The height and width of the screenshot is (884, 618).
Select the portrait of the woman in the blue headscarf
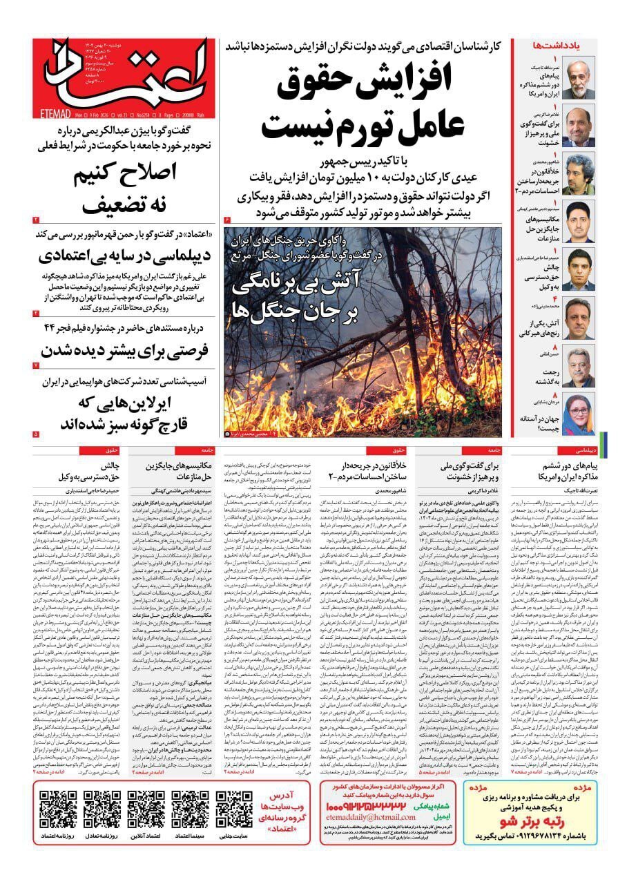click(x=579, y=414)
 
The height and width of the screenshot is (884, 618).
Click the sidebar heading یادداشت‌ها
click(x=555, y=45)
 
